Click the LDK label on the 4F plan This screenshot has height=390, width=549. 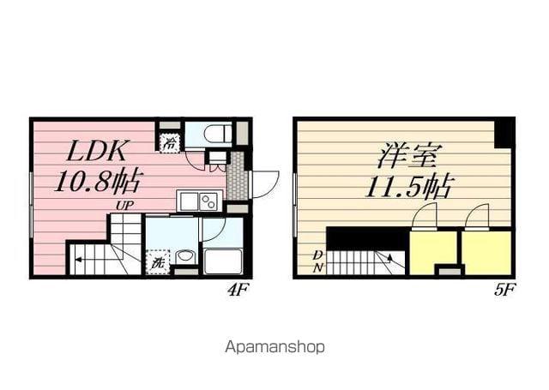97,151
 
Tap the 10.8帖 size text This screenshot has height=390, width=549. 99,181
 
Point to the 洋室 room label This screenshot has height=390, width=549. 407,155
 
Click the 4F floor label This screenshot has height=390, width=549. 238,290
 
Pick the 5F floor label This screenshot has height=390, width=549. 504,290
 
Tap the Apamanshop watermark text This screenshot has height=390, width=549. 274,347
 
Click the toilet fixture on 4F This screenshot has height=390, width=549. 218,133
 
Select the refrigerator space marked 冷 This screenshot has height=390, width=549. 171,142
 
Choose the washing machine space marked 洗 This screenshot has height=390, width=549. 157,262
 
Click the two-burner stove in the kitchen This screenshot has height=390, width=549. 208,201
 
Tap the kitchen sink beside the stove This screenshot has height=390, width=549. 189,201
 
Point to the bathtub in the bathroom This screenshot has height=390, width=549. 223,261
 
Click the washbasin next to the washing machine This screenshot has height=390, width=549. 184,258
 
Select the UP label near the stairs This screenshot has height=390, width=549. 124,206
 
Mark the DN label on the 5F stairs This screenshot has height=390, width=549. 318,261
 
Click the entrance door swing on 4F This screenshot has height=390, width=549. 265,184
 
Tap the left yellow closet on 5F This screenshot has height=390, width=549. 433,252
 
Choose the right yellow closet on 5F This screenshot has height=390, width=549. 486,252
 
